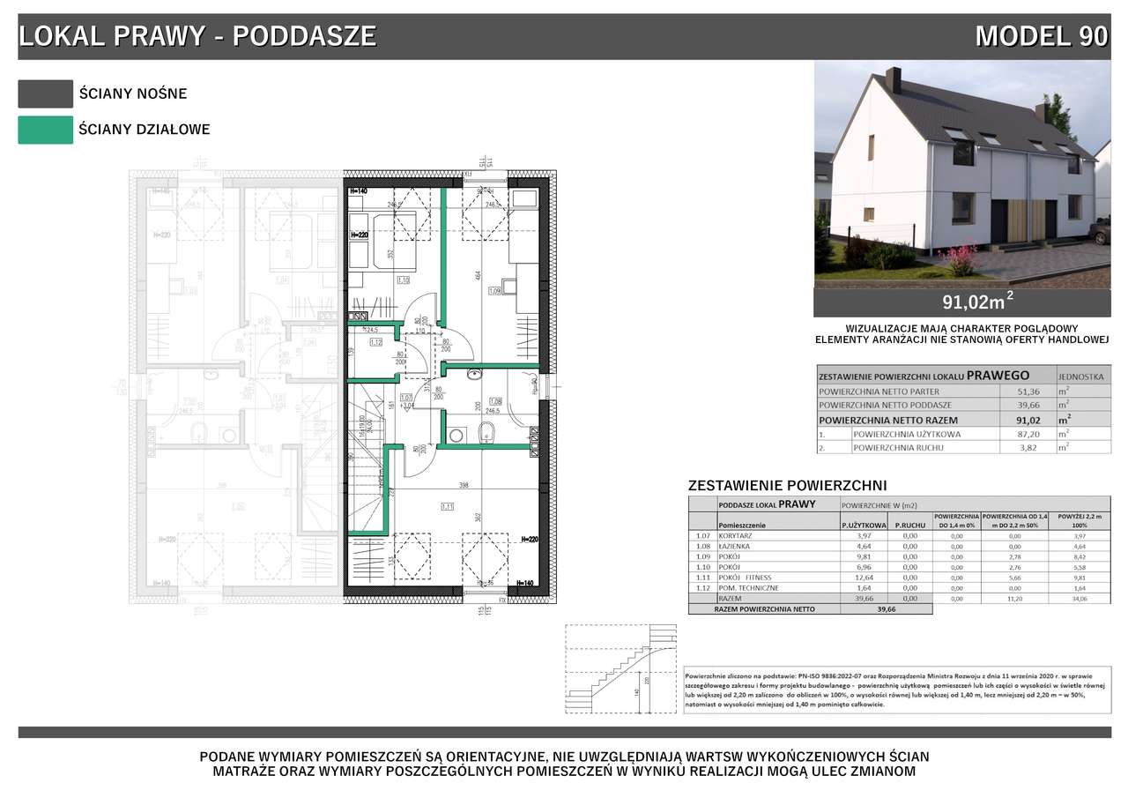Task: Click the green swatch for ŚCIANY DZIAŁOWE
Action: pyautogui.click(x=45, y=130)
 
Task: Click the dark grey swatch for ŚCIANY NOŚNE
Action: pyautogui.click(x=45, y=93)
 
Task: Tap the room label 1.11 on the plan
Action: pyautogui.click(x=448, y=506)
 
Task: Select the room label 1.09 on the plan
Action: pyautogui.click(x=494, y=291)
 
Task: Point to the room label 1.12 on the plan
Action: pyautogui.click(x=375, y=342)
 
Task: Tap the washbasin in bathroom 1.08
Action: pyautogui.click(x=475, y=374)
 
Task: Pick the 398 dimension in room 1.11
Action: pyautogui.click(x=464, y=486)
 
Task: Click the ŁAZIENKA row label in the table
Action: pyautogui.click(x=738, y=546)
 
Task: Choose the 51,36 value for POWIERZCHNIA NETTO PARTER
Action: pyautogui.click(x=1017, y=391)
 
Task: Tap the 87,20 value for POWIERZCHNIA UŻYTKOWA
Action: pyautogui.click(x=1017, y=434)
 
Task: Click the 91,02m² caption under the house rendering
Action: pyautogui.click(x=977, y=302)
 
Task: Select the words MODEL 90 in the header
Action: pyautogui.click(x=1041, y=36)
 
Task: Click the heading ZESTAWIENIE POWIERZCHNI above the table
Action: pyautogui.click(x=786, y=485)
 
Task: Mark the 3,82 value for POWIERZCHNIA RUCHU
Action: pyautogui.click(x=1017, y=447)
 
